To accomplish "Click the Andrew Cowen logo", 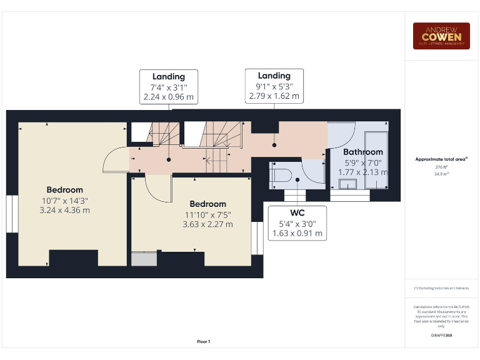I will click(x=441, y=36).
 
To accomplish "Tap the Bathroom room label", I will click(x=362, y=152).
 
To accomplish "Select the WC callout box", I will click(x=297, y=222).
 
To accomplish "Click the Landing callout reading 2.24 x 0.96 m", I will click(x=168, y=87).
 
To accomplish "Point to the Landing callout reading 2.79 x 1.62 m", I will click(x=274, y=86).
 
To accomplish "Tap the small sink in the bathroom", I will click(x=348, y=183).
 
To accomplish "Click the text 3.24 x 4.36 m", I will click(x=64, y=210).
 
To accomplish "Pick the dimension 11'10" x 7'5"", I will click(x=207, y=214).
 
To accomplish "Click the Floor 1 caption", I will click(x=204, y=341).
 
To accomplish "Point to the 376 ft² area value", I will click(x=441, y=167).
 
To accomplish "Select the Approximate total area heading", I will click(x=441, y=159).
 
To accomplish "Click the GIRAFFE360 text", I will click(x=441, y=336).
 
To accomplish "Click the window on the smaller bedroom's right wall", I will click(x=256, y=238).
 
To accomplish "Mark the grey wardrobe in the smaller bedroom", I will click(x=144, y=259).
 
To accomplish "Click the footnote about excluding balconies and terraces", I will click(x=441, y=288).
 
